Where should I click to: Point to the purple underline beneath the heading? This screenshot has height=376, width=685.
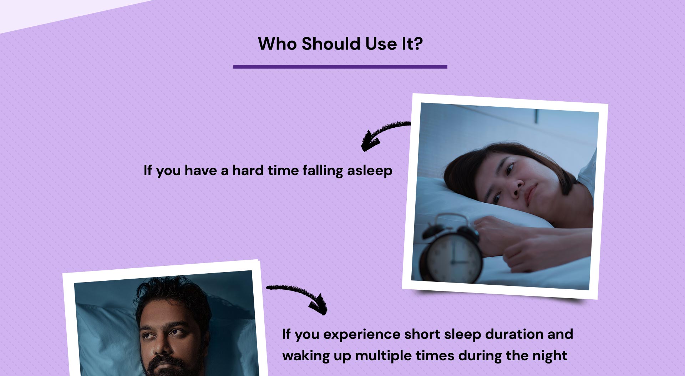coord(340,67)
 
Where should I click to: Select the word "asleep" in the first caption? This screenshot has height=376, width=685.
coord(370,171)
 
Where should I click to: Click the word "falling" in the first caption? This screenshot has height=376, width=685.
coord(323,171)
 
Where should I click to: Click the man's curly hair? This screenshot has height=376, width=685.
coord(173,300)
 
